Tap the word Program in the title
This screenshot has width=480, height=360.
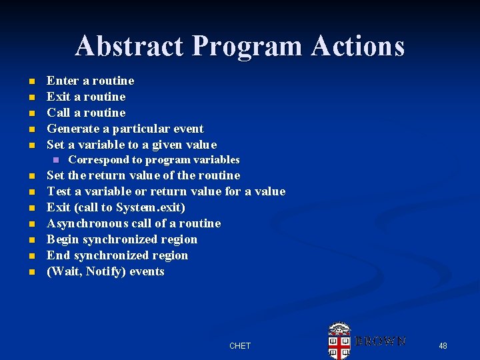245,46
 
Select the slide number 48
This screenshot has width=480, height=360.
443,345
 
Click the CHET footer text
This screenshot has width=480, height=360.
239,345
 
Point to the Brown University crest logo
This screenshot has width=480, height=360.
339,341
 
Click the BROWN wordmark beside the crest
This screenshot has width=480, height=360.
381,341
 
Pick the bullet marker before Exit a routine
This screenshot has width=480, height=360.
31,97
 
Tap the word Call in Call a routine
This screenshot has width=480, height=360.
58,113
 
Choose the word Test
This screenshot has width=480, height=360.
59,191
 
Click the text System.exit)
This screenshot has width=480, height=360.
151,207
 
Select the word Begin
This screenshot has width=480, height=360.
62,239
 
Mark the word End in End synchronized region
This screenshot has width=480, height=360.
57,255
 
